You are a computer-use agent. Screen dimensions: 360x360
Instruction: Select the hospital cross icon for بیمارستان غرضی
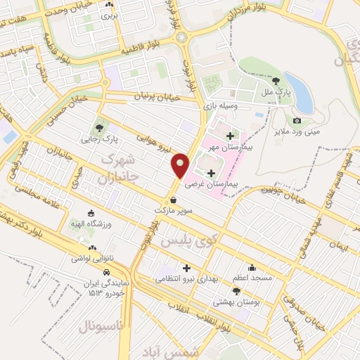211,172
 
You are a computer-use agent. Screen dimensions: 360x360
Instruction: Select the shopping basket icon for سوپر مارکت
173,200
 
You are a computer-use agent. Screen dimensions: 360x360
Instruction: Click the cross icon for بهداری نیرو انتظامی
186,268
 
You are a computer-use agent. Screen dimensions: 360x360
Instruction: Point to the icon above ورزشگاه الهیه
90,214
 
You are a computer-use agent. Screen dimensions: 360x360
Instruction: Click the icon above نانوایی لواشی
92,248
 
